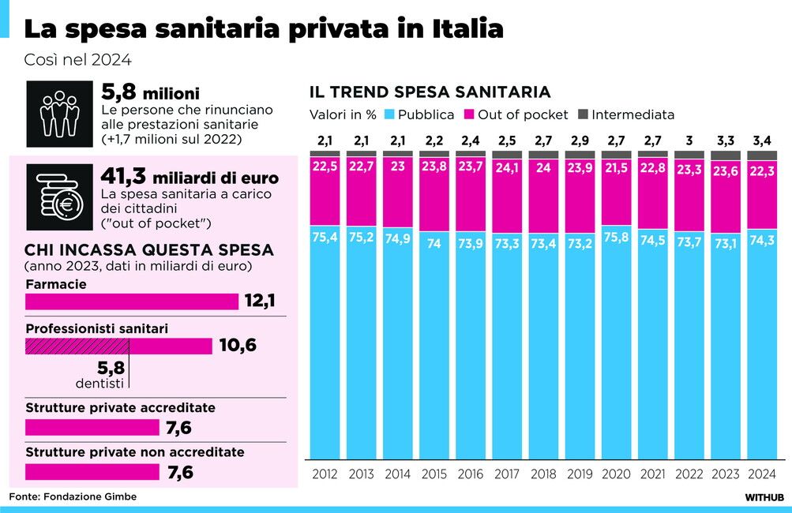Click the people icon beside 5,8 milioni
[58, 114]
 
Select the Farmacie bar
[132, 301]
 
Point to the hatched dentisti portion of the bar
[77, 346]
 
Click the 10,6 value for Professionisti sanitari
[238, 346]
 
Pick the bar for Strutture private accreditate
[92, 428]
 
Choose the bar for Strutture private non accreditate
[92, 472]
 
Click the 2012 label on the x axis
[325, 474]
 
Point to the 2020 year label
[615, 474]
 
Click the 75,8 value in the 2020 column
[615, 236]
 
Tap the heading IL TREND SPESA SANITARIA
[430, 92]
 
